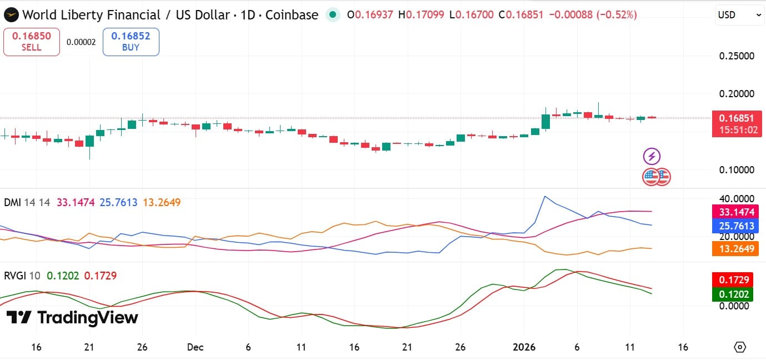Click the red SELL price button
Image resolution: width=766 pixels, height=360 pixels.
pos(32,42)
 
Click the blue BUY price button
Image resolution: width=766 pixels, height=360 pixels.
pos(131,42)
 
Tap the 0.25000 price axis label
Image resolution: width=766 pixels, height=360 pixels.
pos(737,56)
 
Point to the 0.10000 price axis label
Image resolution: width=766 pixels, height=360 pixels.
pos(737,170)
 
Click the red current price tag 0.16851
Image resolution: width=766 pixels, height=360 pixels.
pos(737,118)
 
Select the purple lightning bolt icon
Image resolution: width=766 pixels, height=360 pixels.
pos(652,156)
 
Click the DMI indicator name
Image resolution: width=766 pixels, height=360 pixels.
pos(12,203)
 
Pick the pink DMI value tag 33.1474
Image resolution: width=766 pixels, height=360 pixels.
pos(737,212)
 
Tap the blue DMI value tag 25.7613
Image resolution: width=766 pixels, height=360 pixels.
pos(737,226)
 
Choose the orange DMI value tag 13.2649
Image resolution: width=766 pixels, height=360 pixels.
pos(737,248)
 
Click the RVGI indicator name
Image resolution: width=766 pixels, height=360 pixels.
pos(14,276)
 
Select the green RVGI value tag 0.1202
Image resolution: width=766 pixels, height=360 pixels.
pos(737,294)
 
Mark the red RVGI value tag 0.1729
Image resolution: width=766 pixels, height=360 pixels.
pos(737,280)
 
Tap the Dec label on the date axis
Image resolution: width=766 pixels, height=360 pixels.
pos(195,347)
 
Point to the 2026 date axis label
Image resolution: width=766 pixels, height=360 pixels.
pos(523,347)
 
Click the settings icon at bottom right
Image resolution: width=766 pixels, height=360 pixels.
pos(740,347)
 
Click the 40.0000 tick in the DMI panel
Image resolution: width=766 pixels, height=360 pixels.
pos(737,199)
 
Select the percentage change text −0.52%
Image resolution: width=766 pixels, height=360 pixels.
pos(617,15)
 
